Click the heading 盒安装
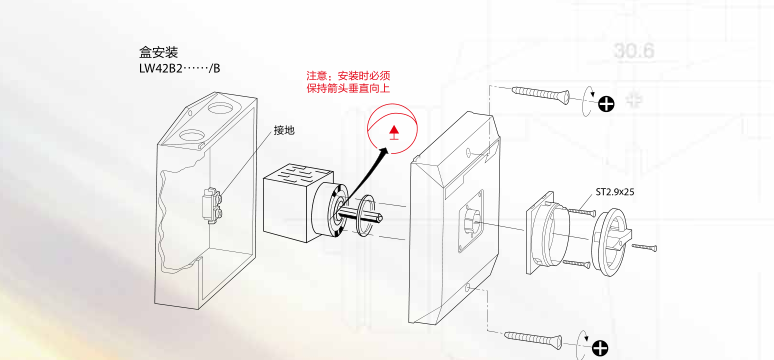tap(158, 52)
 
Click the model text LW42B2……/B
tap(180, 68)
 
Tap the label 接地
tap(284, 130)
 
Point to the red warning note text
tap(348, 82)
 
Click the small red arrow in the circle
tap(393, 132)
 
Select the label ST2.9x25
tap(615, 192)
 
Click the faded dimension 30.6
tap(634, 51)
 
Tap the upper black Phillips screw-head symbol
tap(606, 104)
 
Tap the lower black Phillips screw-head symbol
tap(600, 348)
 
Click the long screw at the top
tap(541, 95)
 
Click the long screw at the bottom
tap(533, 339)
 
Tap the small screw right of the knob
tap(644, 246)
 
